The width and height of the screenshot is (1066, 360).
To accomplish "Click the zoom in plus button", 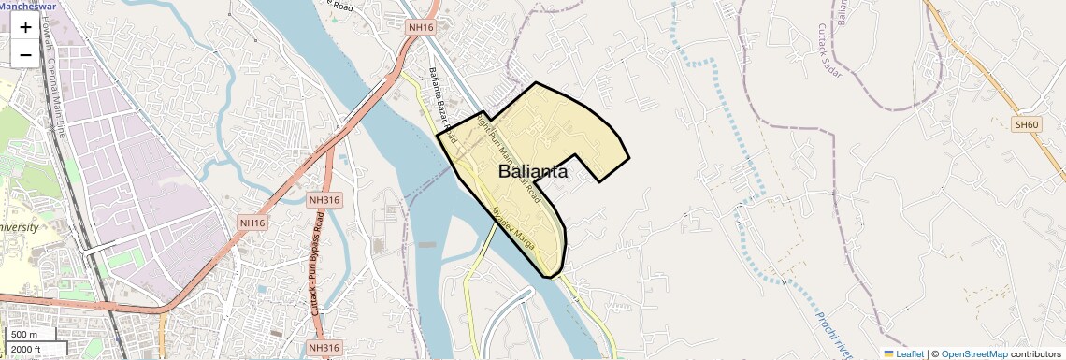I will pos(25,27).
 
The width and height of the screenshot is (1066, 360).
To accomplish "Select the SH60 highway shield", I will pos(1026,124).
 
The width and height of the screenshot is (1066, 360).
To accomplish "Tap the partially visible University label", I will pos(19,227).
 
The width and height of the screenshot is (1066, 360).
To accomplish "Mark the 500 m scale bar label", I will pos(24,335).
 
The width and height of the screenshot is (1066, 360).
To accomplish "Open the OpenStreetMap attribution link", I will pos(974,354).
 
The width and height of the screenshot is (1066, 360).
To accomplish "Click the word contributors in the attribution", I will pos(1036,354).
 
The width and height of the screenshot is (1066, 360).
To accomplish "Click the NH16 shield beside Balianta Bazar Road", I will pos(421,27).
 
